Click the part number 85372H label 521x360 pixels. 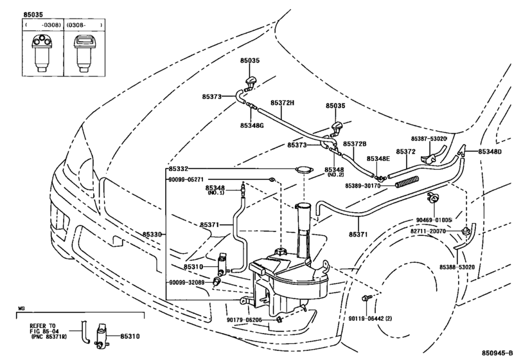282,103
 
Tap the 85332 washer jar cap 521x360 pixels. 304,169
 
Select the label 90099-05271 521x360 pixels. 186,179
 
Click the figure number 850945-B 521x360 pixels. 498,353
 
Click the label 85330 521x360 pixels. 152,235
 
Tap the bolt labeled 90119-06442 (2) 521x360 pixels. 366,298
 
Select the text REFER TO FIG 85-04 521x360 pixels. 43,328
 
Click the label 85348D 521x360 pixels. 490,152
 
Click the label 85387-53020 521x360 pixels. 428,138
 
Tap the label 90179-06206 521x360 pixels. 245,319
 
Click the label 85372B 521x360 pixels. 355,143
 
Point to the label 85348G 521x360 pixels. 252,125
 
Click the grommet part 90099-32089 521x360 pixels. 217,282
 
